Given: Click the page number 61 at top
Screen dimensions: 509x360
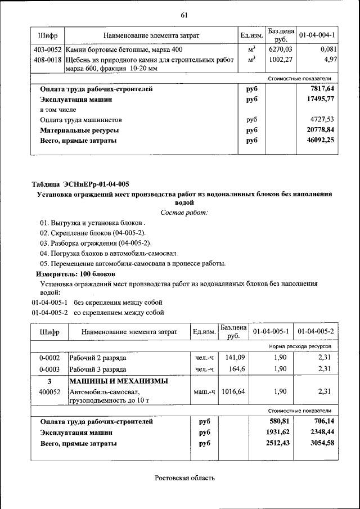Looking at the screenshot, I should (184, 15).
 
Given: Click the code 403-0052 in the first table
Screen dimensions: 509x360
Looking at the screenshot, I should (47, 49).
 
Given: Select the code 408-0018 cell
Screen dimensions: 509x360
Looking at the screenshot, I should (47, 59).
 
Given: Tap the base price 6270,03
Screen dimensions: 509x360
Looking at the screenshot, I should (280, 49).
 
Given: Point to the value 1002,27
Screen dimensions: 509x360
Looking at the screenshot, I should (280, 59).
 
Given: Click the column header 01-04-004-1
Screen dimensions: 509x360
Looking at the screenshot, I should (317, 35).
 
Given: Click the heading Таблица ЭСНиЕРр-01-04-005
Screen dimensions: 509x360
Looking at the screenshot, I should (80, 184).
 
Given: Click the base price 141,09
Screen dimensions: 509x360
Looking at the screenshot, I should (233, 357).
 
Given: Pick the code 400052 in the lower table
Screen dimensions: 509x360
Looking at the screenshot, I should (49, 391).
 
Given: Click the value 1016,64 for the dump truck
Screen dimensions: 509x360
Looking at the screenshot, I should (233, 391).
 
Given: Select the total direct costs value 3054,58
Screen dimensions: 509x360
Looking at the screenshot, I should (319, 443).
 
